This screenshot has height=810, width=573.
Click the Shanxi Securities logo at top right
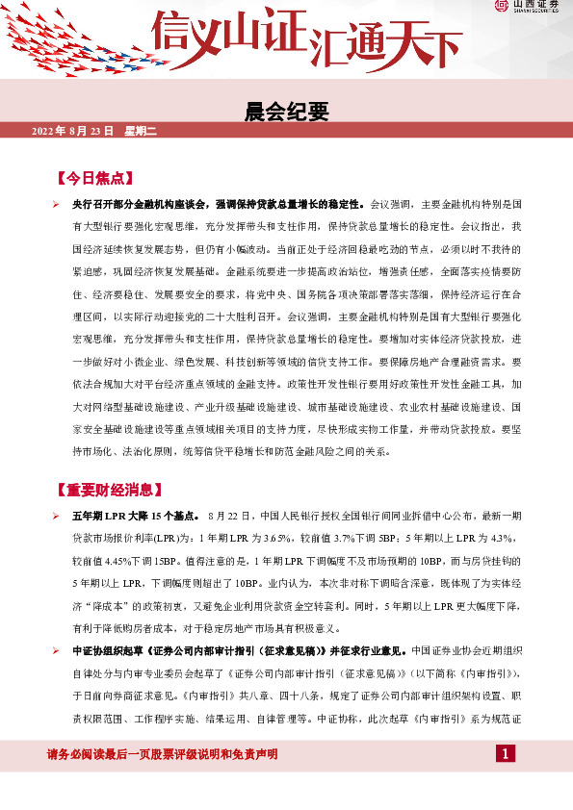(528, 8)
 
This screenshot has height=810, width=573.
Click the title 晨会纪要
(287, 112)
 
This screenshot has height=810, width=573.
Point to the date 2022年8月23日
(73, 130)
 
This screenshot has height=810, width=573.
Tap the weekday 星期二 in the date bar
(135, 130)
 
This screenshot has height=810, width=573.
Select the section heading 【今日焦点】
(95, 179)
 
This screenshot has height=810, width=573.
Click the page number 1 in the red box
(507, 752)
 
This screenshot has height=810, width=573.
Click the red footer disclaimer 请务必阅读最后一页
(163, 753)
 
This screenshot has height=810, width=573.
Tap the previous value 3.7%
(345, 535)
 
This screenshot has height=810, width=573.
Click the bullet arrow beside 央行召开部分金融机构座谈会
(56, 205)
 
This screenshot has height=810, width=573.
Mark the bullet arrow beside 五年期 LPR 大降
(56, 517)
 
